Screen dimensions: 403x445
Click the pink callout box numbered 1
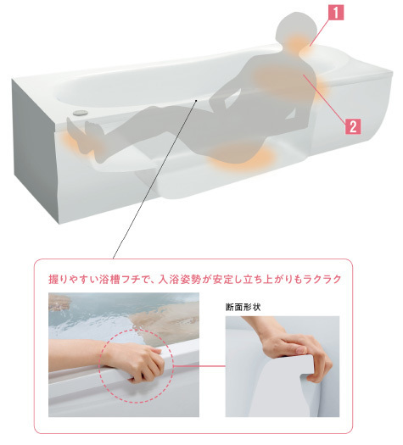[336, 13]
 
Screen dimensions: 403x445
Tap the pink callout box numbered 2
[353, 126]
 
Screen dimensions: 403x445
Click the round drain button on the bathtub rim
[80, 113]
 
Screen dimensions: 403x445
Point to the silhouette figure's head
[297, 28]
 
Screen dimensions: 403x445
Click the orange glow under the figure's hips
[242, 156]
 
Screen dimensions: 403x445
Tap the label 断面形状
[243, 307]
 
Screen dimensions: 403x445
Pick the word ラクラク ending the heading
[322, 279]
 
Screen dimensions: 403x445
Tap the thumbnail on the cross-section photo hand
[300, 351]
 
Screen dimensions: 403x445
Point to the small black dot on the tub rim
[196, 100]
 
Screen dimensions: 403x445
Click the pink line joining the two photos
[199, 366]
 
